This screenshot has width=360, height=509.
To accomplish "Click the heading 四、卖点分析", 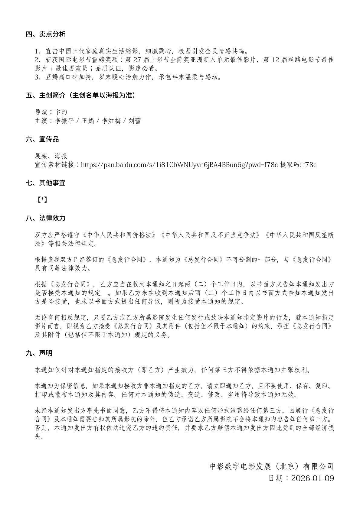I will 46,34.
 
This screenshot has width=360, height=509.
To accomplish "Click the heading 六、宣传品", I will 42,139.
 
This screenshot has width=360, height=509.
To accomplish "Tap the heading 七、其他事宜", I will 46,183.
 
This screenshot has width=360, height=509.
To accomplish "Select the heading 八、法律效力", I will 46,218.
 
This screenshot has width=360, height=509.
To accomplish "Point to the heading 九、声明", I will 39,353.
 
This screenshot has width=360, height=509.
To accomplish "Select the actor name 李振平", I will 64,121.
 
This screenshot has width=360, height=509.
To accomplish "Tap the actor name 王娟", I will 87,121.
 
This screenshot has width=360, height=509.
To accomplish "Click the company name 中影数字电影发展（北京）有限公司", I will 271,466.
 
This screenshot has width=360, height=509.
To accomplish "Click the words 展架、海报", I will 51,156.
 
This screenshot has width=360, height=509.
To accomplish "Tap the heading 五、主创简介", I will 80,96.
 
